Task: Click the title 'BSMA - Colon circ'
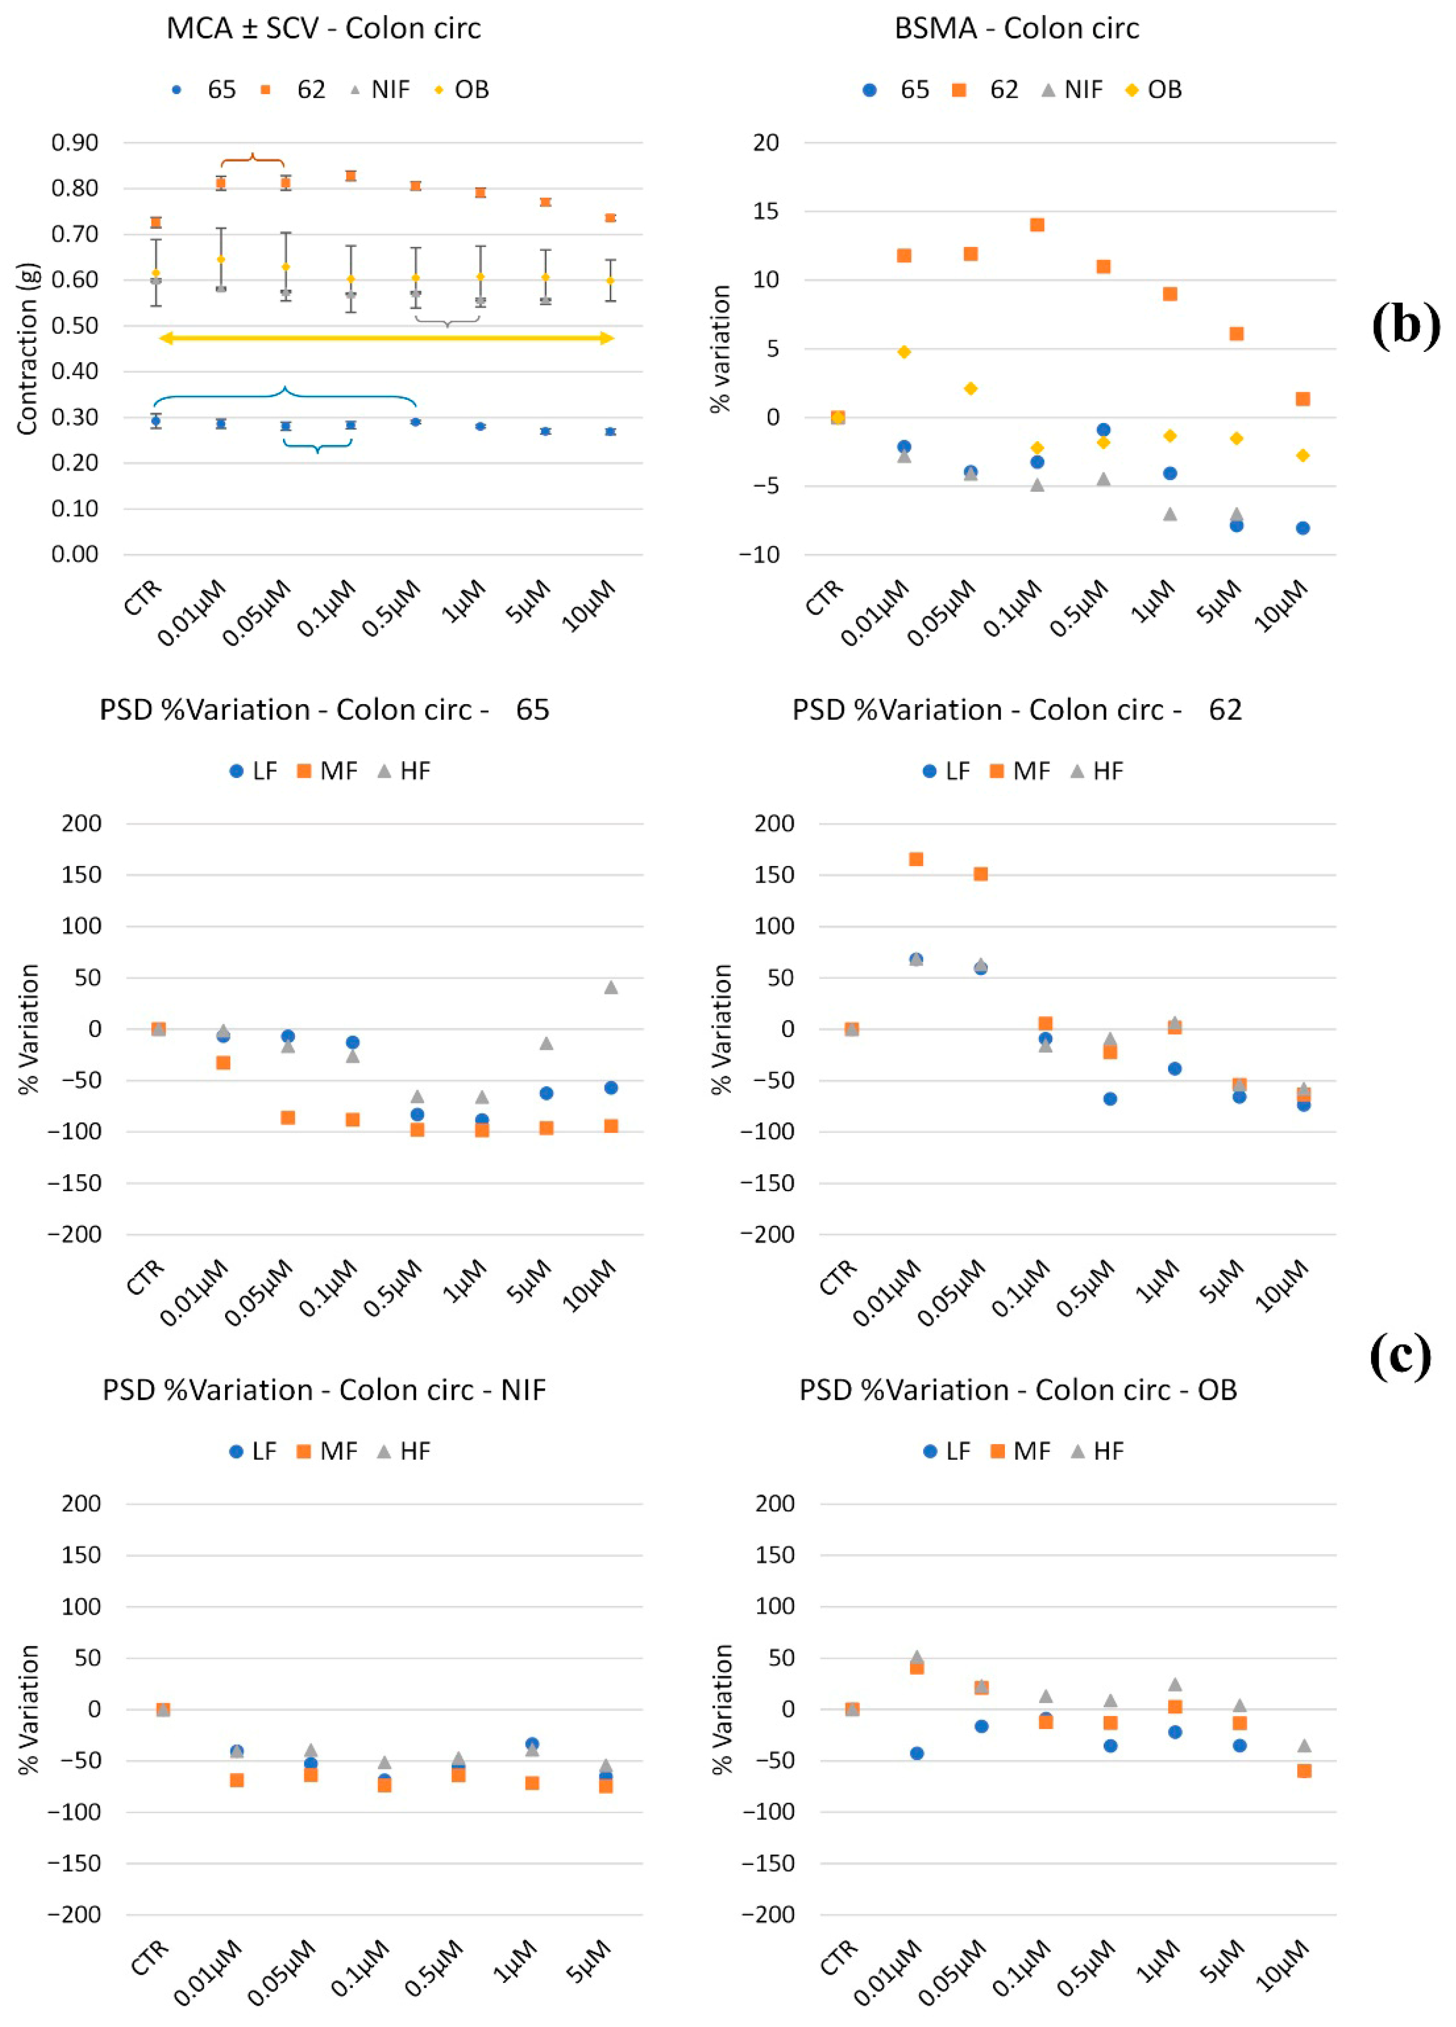[x=1016, y=28]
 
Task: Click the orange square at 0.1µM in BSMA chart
[x=1037, y=225]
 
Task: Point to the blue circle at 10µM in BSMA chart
[x=1302, y=528]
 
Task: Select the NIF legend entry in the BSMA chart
[x=1073, y=89]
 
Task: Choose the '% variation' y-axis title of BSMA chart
[x=719, y=349]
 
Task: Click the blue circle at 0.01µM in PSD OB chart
[x=916, y=1754]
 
